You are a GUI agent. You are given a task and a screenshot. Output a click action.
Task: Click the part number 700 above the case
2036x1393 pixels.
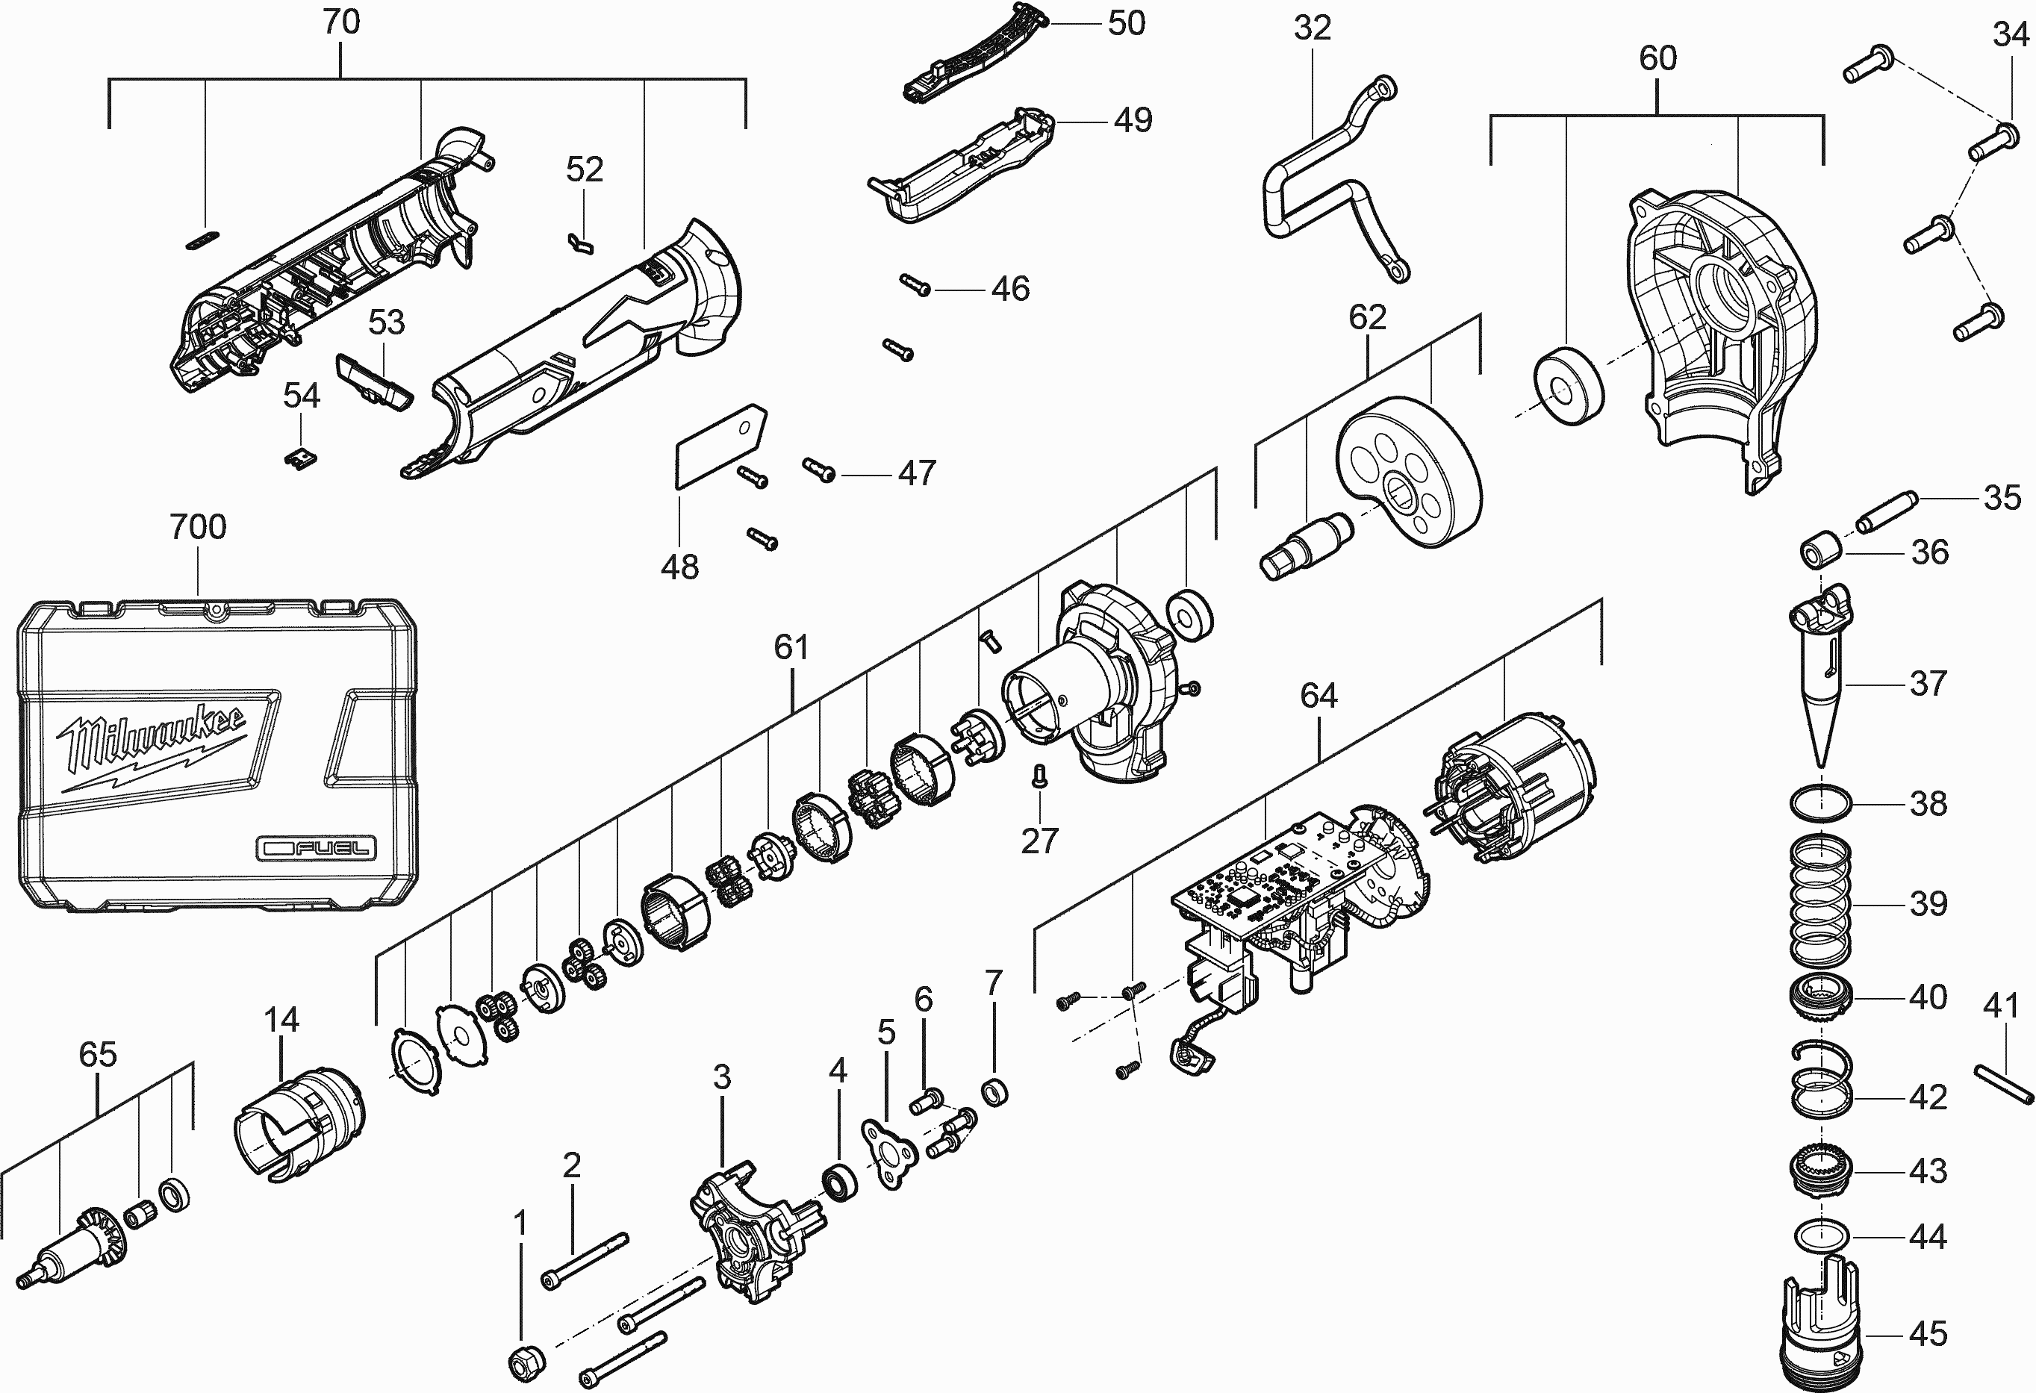198,527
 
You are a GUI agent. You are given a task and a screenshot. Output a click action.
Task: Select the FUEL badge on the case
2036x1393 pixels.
317,848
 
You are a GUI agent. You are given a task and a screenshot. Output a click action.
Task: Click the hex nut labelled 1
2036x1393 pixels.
526,1362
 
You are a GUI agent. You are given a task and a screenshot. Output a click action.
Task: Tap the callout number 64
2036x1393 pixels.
1319,696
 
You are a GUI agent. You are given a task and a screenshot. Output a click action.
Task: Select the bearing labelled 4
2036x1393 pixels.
841,1182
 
